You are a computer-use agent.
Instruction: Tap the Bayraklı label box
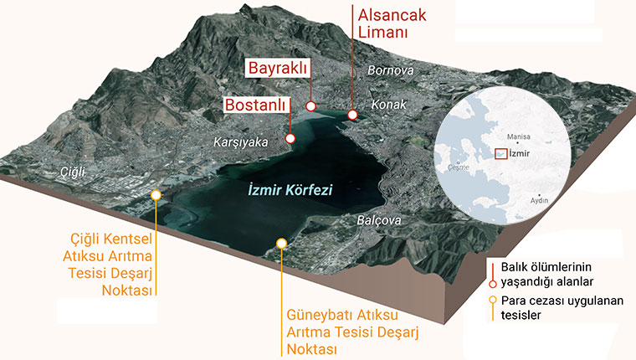pos(276,68)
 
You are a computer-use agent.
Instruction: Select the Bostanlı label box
pos(256,105)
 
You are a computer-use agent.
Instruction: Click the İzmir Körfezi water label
pos(291,191)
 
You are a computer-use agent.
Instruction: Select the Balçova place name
pos(379,221)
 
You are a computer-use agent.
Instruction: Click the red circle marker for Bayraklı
pos(310,106)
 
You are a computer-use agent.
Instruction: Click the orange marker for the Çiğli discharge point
pos(156,195)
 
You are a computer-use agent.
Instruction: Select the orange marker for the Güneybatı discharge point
pos(281,244)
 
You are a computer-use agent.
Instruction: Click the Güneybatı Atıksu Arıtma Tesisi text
pos(351,332)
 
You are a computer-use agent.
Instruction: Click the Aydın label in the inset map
pos(539,201)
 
